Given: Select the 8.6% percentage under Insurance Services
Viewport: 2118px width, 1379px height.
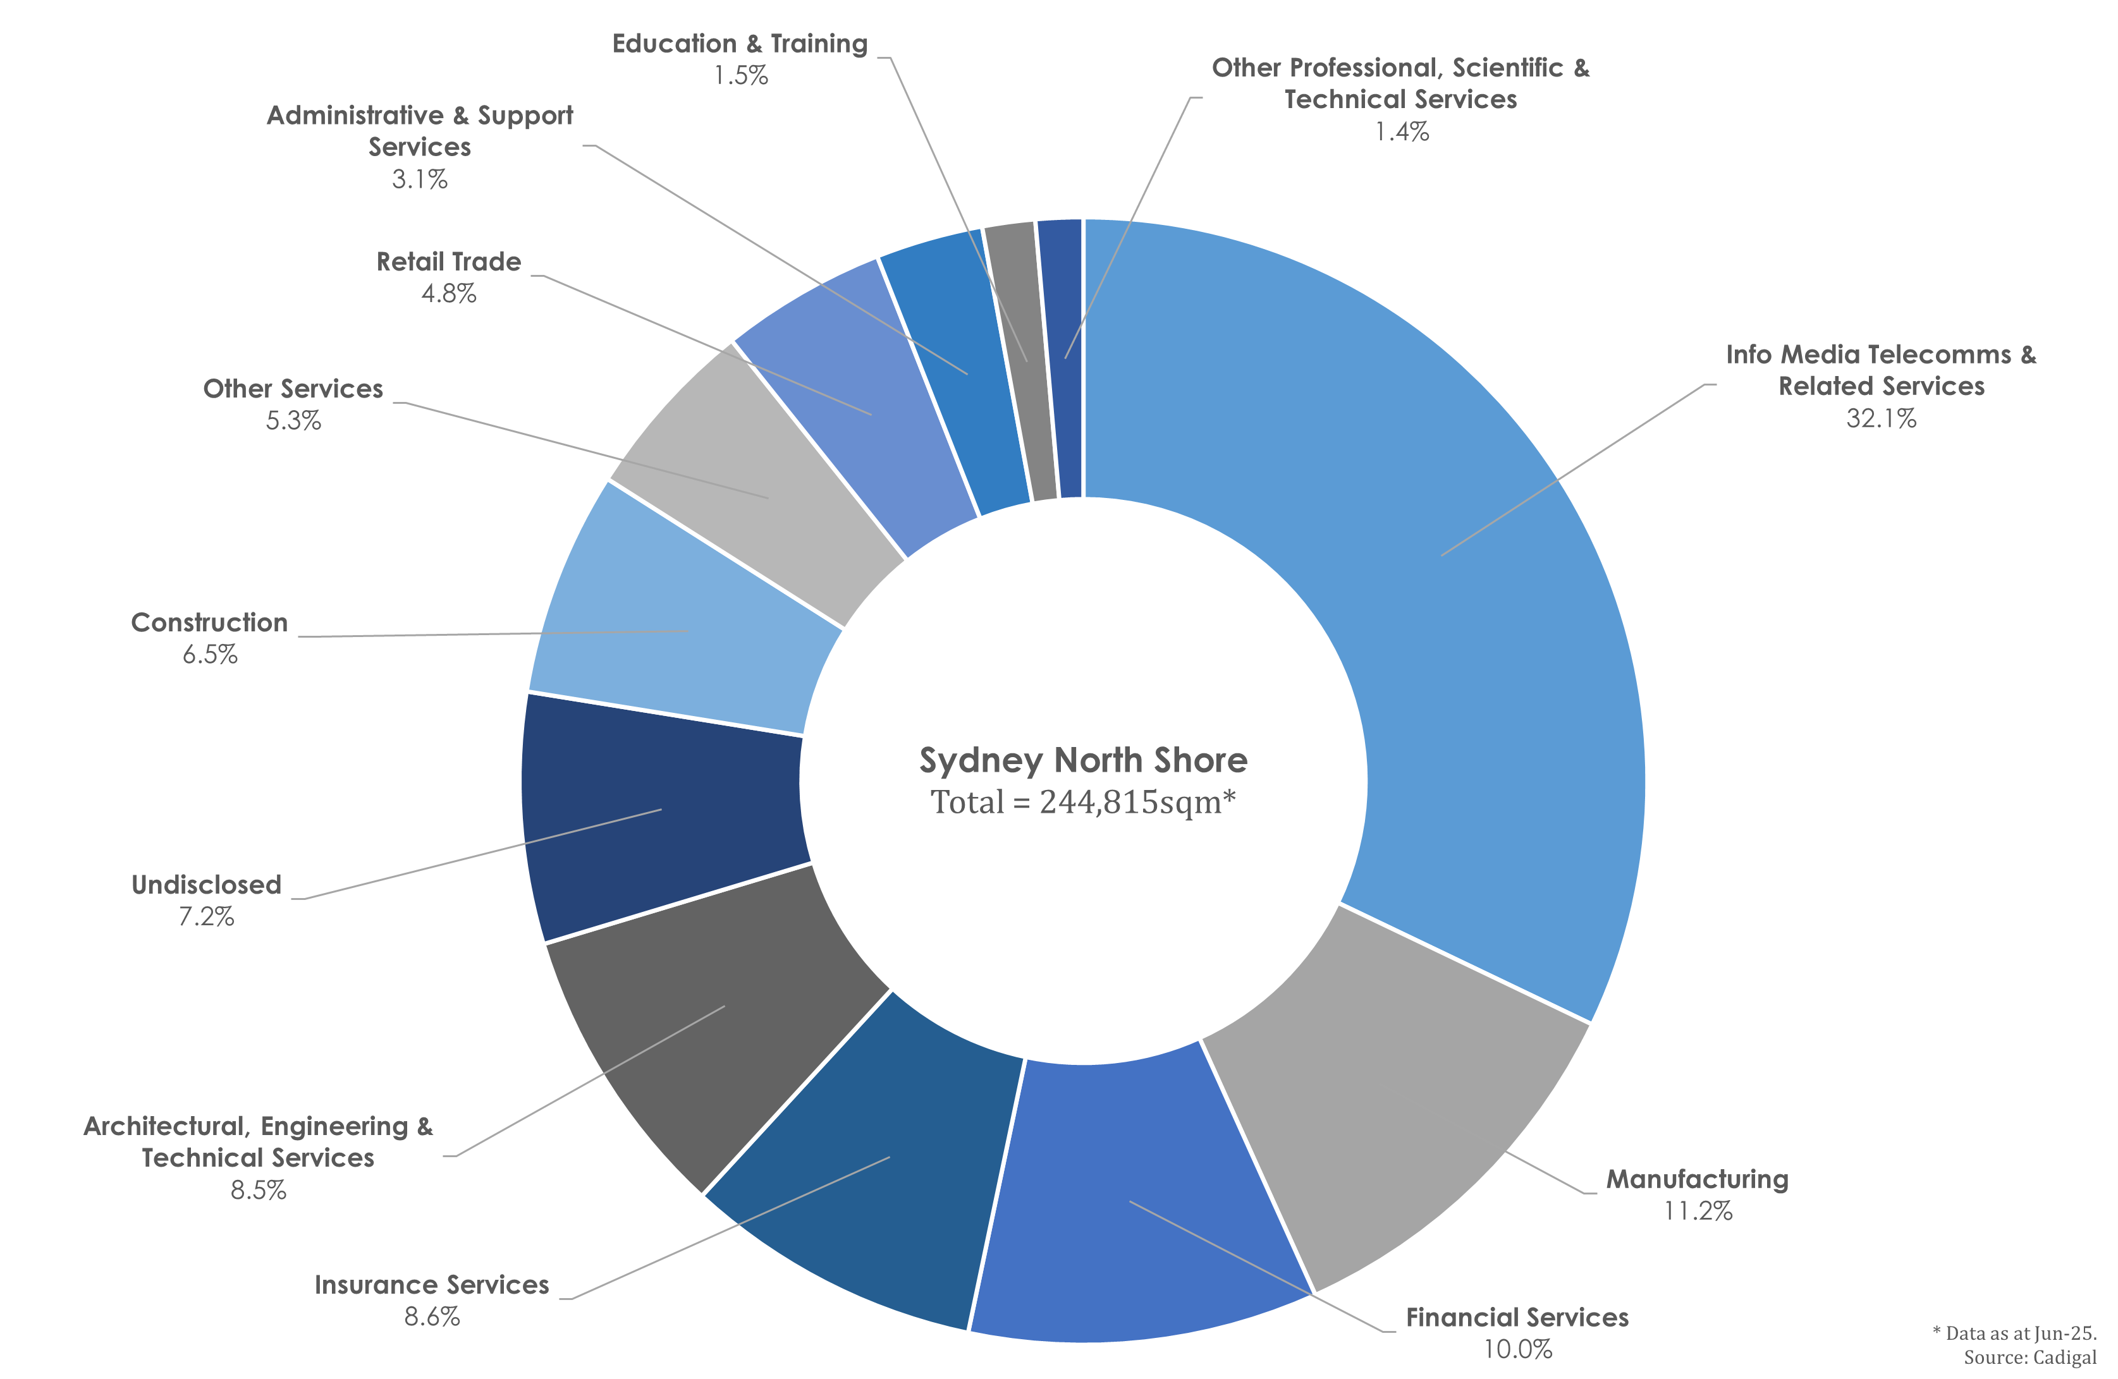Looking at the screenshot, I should (432, 1316).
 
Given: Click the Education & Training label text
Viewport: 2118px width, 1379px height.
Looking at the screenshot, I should (740, 44).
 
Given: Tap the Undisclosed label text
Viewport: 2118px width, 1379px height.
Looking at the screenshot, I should (207, 884).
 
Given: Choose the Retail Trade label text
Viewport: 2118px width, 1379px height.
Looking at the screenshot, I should (448, 262).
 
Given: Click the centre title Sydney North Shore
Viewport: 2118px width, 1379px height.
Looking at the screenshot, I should (1083, 760).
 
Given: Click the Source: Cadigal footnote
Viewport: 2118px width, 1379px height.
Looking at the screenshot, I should (2030, 1358).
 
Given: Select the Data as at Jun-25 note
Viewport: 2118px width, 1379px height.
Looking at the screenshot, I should (2015, 1333).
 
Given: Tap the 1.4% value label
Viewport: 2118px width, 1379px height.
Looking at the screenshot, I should (1402, 131).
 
